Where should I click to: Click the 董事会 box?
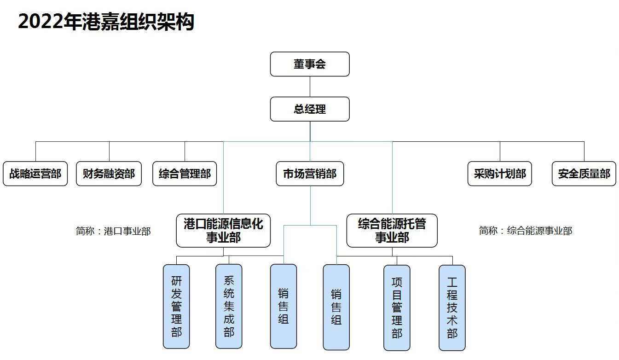(310, 64)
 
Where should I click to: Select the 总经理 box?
(310, 109)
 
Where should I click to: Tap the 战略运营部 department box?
(35, 174)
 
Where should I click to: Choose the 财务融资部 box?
(109, 174)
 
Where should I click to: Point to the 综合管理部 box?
(185, 174)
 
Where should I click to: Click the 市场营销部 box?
(310, 174)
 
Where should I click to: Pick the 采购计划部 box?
(500, 174)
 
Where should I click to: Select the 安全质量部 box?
(584, 174)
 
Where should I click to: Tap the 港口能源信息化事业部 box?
(223, 230)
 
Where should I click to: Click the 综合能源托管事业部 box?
(392, 230)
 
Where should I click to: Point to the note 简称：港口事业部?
(113, 231)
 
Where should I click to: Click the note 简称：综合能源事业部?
(526, 231)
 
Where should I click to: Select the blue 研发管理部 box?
(176, 306)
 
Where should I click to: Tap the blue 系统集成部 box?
(229, 306)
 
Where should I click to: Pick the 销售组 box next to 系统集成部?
(283, 306)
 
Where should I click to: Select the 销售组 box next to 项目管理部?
(336, 307)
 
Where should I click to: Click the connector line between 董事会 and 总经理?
(310, 87)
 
